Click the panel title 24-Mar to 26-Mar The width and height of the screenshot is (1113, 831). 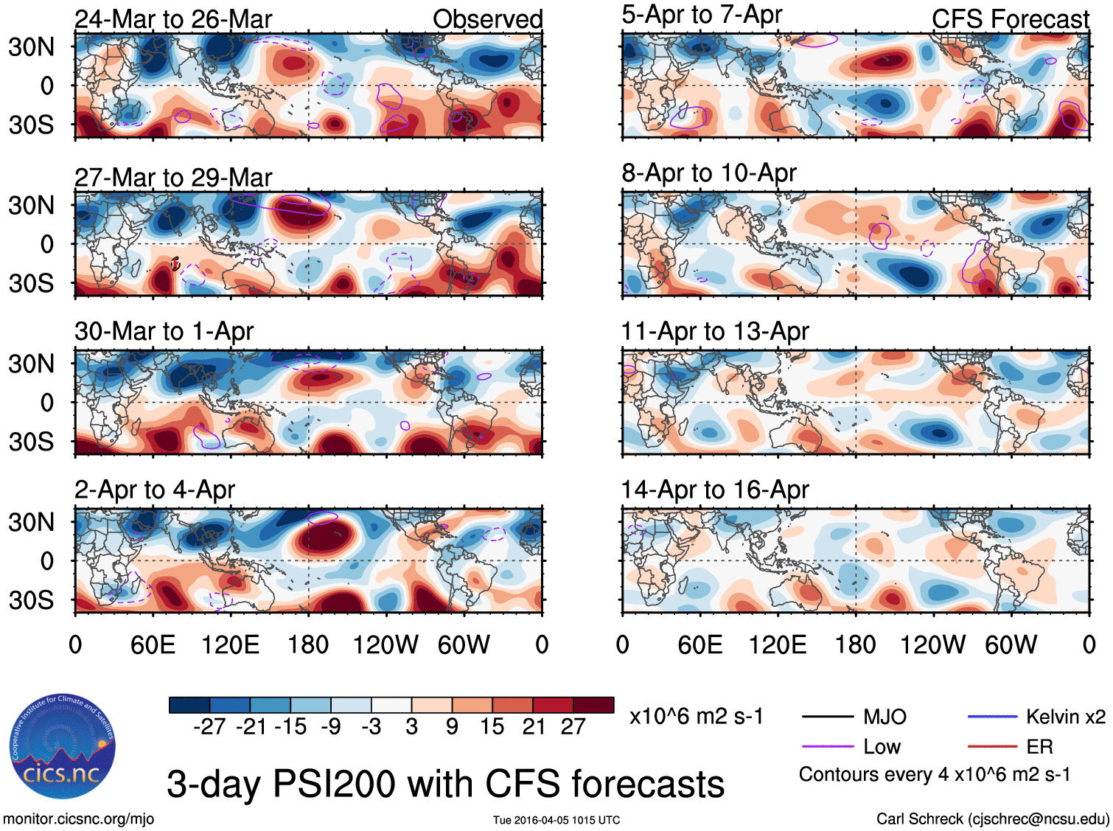click(x=173, y=19)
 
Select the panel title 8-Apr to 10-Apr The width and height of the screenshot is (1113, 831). click(x=709, y=173)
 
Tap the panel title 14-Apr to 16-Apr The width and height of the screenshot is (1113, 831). click(x=715, y=490)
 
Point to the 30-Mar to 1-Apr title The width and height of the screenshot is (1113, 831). click(x=164, y=332)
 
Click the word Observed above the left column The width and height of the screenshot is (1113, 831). click(x=487, y=19)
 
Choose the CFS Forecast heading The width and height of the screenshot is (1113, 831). click(x=1010, y=19)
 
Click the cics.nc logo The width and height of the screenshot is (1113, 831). click(x=62, y=746)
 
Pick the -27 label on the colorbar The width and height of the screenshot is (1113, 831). click(x=209, y=727)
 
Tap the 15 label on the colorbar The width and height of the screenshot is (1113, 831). click(x=492, y=727)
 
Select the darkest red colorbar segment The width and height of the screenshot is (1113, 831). click(x=593, y=705)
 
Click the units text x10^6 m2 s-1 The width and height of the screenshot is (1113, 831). click(x=697, y=717)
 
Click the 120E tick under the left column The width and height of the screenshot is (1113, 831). click(x=230, y=645)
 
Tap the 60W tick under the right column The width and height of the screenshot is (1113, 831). click(x=1011, y=645)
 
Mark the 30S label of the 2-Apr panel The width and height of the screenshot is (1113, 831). click(x=31, y=600)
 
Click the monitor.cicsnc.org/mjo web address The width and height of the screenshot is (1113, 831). click(x=79, y=818)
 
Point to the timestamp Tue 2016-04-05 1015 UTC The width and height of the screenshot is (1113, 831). click(x=556, y=820)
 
